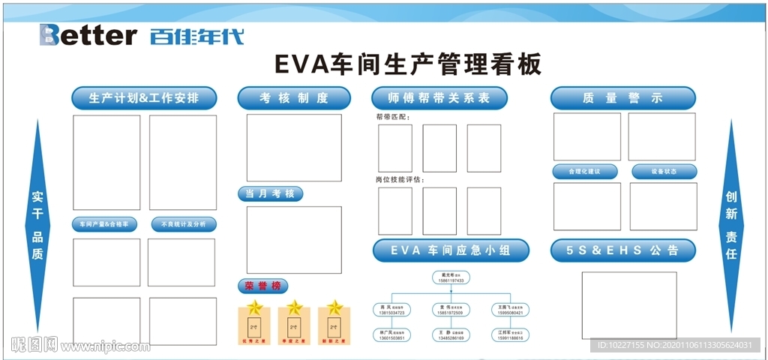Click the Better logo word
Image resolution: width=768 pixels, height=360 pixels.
(88, 34)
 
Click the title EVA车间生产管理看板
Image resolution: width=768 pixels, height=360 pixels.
(407, 64)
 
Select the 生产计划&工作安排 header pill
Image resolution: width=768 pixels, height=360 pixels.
(144, 98)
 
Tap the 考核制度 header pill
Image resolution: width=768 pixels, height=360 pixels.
(294, 98)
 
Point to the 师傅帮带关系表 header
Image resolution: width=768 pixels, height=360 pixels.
(439, 98)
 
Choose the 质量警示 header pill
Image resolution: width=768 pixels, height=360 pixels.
(622, 98)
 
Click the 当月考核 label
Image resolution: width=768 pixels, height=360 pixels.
(271, 194)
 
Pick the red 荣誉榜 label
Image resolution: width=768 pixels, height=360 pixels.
(262, 286)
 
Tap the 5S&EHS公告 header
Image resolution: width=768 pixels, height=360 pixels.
(622, 250)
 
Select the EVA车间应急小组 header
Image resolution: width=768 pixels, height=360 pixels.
(450, 250)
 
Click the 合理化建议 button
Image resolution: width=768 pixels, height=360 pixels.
(585, 172)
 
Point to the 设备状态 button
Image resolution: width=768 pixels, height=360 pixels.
(664, 172)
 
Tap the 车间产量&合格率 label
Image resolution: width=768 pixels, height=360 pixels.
(105, 224)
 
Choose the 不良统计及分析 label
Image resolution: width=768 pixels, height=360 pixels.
(184, 224)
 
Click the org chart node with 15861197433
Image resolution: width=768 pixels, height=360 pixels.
(450, 277)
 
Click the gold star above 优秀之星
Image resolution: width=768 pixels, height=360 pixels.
(255, 307)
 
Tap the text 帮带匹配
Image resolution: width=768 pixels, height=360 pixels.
(393, 117)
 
